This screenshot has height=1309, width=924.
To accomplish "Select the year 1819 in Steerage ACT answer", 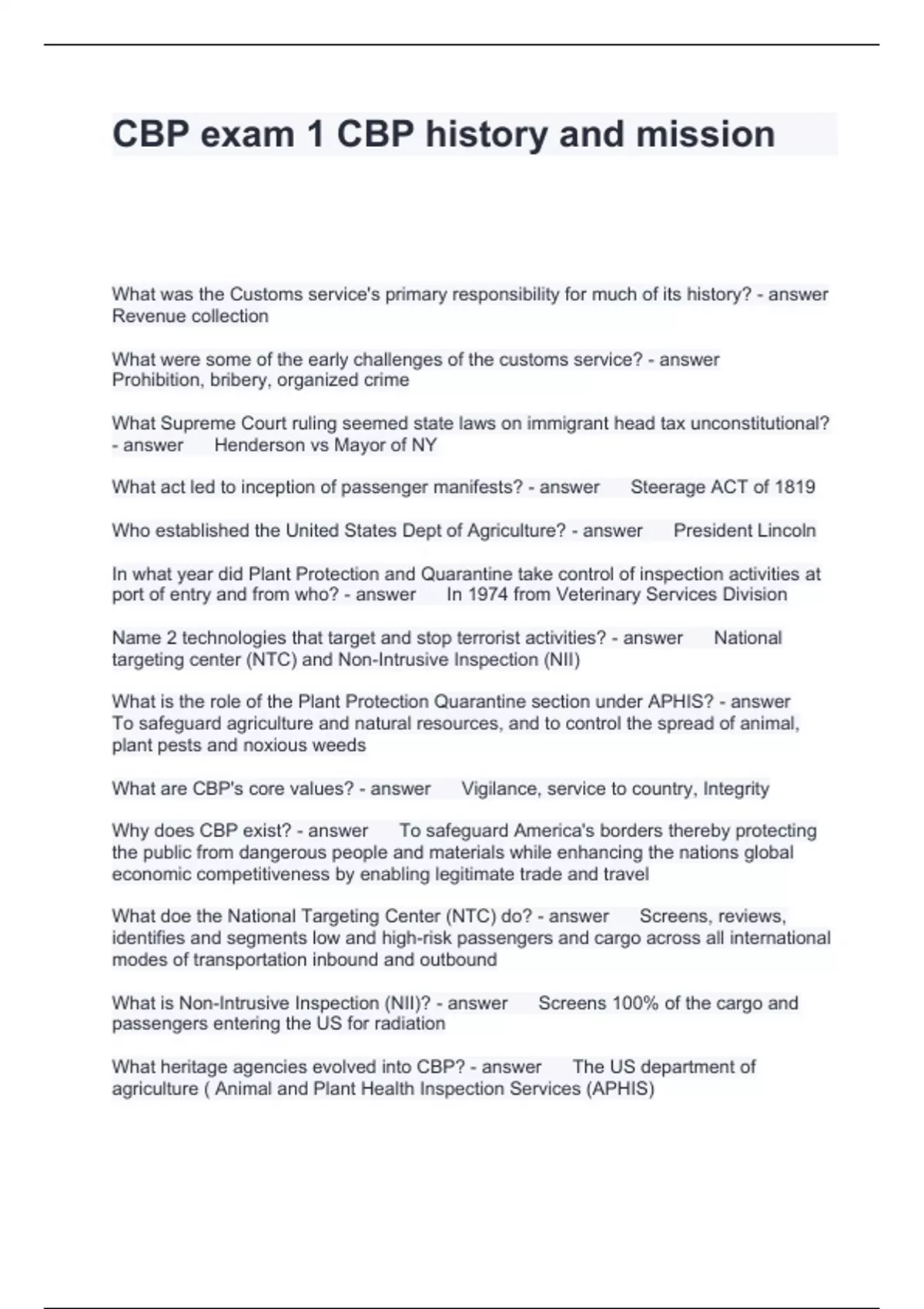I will click(x=795, y=487).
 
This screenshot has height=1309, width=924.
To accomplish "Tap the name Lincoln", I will click(x=787, y=531).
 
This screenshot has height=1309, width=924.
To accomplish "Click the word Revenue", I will click(x=146, y=316).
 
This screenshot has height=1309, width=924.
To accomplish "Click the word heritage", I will click(x=183, y=1067).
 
